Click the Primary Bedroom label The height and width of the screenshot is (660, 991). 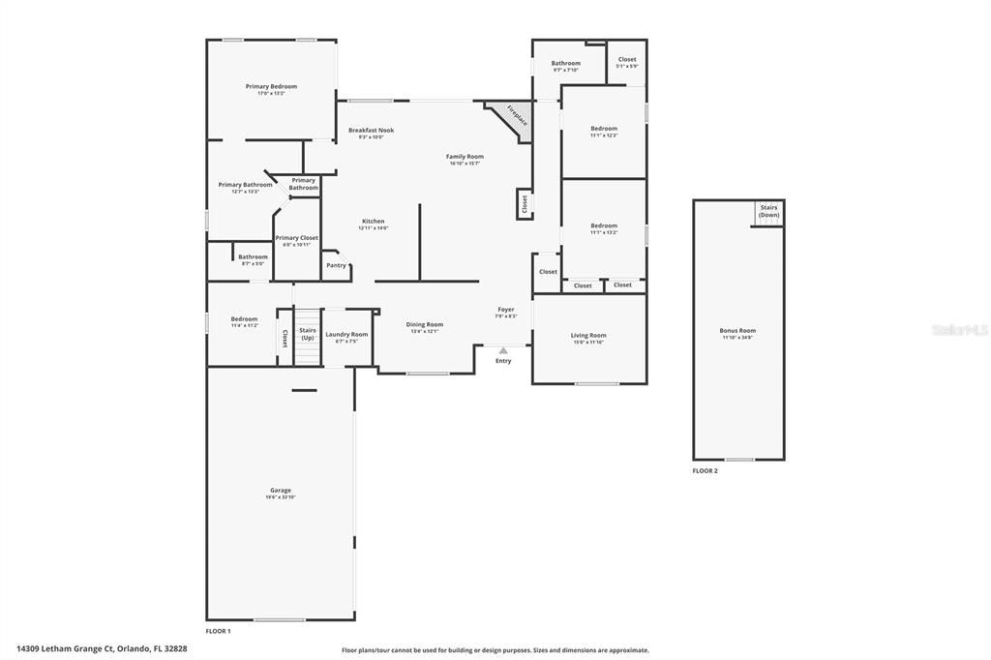tap(271, 86)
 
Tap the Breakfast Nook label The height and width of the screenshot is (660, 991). tap(372, 130)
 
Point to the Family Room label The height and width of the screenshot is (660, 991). tap(465, 156)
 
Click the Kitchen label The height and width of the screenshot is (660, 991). tap(373, 221)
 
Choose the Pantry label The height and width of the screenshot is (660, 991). tap(336, 265)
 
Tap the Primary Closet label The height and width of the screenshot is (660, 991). tap(296, 237)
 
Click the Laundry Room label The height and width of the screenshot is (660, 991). tap(346, 334)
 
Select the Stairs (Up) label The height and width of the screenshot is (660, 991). tap(307, 334)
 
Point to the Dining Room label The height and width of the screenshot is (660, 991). tap(424, 324)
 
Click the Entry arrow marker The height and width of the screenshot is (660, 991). tap(503, 350)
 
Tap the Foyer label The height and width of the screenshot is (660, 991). tap(506, 309)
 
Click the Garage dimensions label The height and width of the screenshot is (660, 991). tap(281, 496)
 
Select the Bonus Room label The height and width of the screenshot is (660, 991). tap(737, 330)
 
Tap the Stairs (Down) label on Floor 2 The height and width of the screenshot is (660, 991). tap(768, 211)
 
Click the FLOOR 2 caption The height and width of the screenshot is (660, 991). tap(705, 470)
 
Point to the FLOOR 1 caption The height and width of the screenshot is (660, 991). tap(218, 631)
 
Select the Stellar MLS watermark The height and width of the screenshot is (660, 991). tap(960, 330)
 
